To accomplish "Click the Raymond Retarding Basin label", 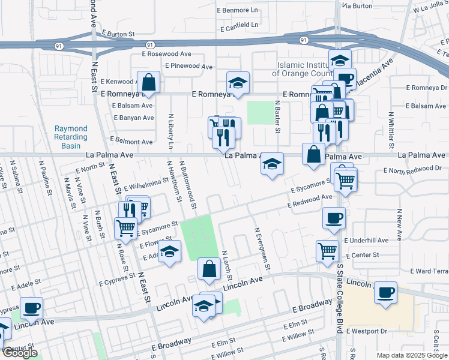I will click(x=71, y=137).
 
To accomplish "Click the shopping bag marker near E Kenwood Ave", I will click(x=148, y=83).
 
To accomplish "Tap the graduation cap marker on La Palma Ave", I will click(x=272, y=164).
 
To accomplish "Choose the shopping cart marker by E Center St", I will click(x=327, y=251).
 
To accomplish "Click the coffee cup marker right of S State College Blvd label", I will click(x=385, y=293).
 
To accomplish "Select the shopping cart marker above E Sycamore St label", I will click(x=125, y=227).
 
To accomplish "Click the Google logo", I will click(x=20, y=353).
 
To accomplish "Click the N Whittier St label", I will click(x=391, y=130).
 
